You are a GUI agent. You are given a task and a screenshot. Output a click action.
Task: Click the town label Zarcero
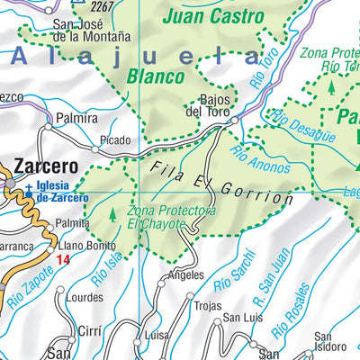[42, 166]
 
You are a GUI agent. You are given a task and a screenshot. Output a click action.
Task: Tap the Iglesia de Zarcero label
[63, 193]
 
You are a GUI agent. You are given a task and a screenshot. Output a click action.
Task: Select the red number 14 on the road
[61, 259]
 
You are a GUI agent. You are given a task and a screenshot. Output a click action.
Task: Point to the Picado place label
[115, 140]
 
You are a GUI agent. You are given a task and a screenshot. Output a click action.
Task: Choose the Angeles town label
[185, 274]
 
